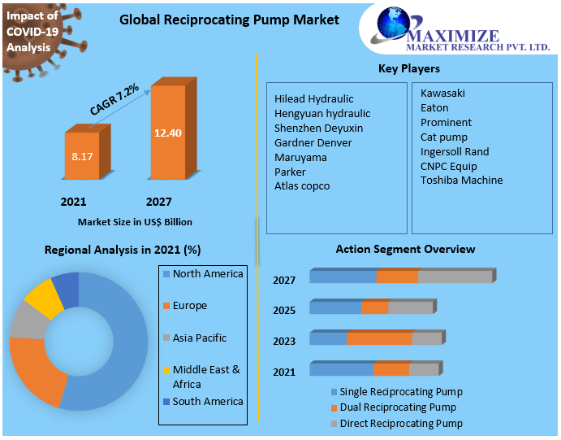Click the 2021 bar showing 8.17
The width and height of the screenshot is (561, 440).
81,155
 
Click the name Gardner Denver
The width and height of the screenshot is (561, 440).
313,142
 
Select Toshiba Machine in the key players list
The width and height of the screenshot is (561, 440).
461,180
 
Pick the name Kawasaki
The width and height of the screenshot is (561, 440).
442,93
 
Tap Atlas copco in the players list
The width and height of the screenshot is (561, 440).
302,186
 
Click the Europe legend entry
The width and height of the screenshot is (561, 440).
189,306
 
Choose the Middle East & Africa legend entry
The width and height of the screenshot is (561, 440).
206,377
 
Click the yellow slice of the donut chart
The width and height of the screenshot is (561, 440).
45,298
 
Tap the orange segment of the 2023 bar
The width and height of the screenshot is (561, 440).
379,338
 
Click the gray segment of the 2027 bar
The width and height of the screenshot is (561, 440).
455,277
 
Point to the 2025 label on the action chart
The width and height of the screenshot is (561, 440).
284,311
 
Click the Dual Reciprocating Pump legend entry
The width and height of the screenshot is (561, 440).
398,407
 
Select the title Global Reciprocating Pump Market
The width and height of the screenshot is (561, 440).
229,20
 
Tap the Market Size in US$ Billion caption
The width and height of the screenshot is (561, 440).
135,221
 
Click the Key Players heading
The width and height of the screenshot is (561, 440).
409,68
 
